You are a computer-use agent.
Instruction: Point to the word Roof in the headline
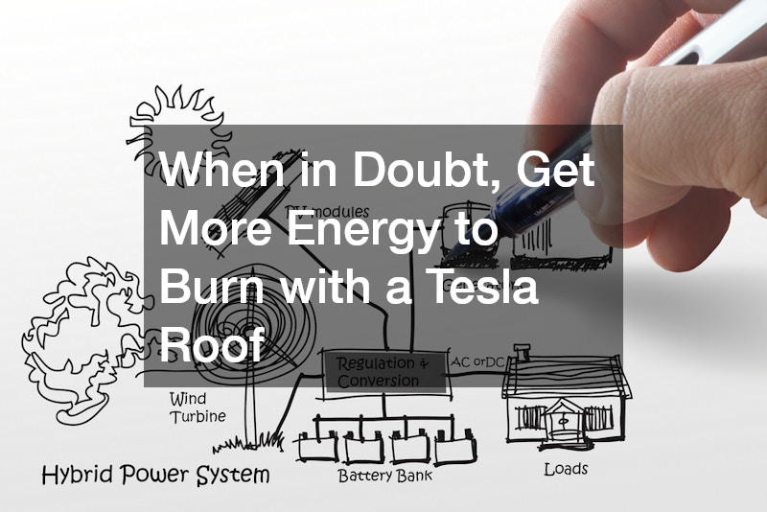[211, 343]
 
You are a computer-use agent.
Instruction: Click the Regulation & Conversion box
[379, 372]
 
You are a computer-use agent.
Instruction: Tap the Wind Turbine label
[198, 407]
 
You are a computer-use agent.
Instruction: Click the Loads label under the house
[566, 469]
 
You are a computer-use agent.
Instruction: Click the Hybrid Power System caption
[155, 475]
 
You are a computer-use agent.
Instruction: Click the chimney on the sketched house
[523, 353]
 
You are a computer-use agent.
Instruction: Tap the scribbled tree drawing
[72, 326]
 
